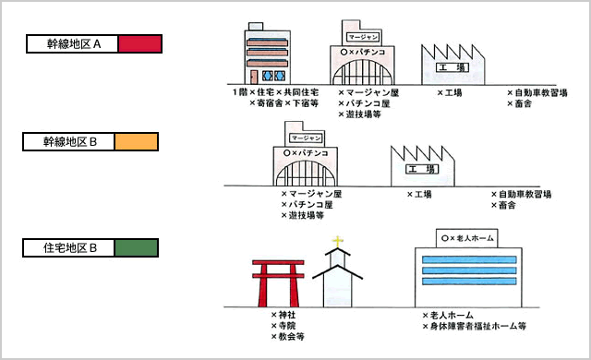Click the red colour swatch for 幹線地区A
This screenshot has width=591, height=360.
(140, 43)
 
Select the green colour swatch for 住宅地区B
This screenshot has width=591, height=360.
(138, 247)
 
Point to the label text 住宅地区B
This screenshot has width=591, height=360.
(71, 247)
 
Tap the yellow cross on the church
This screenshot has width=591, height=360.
(338, 243)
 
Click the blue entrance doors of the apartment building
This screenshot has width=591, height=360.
(273, 74)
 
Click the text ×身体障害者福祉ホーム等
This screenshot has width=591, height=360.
(474, 326)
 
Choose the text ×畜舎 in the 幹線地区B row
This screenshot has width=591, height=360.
(507, 206)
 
